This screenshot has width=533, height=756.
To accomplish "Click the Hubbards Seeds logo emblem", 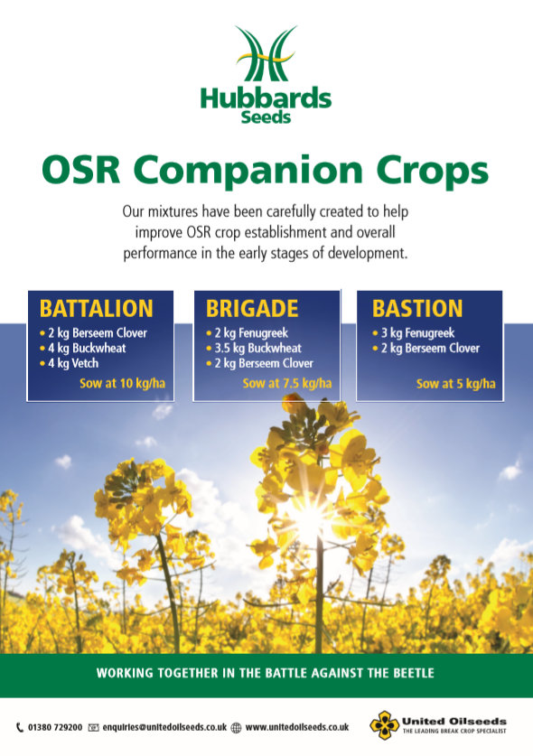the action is [x=266, y=53].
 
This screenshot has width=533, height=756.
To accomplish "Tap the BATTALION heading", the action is [x=97, y=309].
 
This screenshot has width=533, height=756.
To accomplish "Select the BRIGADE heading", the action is [x=252, y=309].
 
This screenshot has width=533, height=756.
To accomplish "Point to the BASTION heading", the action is [x=417, y=309].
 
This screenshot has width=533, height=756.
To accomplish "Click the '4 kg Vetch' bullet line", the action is [x=70, y=363].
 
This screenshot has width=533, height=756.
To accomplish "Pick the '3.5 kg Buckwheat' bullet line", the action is [x=254, y=348].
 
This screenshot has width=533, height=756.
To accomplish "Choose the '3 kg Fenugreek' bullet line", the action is [x=414, y=332].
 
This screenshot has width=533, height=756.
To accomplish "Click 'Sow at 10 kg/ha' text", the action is [x=123, y=384].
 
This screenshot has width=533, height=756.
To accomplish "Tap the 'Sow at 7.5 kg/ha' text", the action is [x=287, y=384].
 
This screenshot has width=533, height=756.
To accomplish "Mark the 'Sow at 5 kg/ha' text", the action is [x=456, y=384].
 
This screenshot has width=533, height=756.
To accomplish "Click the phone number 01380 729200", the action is [x=55, y=727].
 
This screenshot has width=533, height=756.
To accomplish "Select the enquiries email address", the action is [x=164, y=727].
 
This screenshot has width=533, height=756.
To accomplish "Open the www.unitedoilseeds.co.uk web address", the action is [x=297, y=727].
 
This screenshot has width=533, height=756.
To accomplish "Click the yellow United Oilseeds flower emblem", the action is [x=385, y=725].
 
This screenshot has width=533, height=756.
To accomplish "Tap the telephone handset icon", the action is [x=20, y=727].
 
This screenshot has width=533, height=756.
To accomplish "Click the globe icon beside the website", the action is [x=236, y=728].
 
